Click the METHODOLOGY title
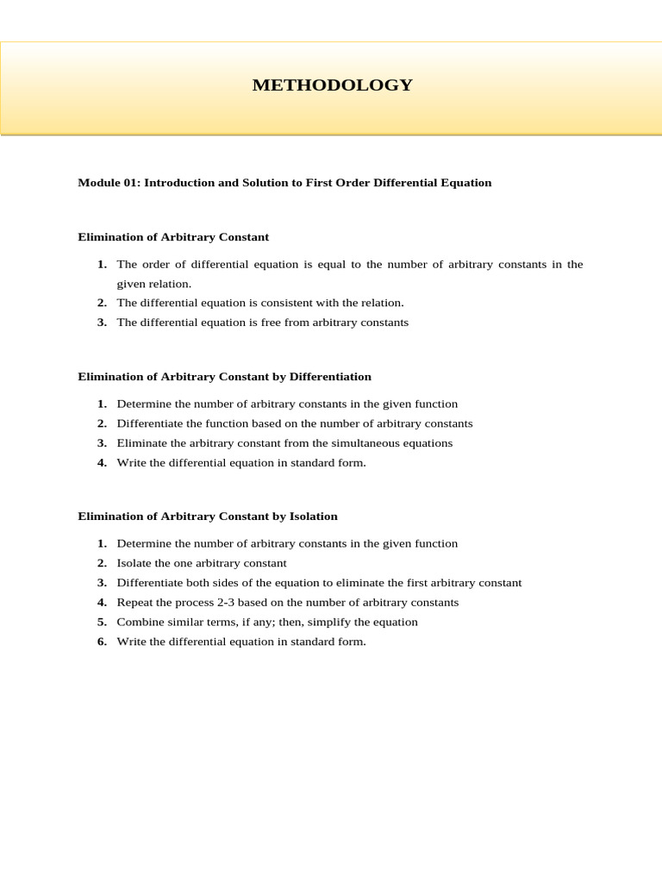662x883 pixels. point(332,85)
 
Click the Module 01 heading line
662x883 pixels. point(284,183)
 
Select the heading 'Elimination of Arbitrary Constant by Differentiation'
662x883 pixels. point(224,377)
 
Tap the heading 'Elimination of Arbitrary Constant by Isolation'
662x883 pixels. point(208,517)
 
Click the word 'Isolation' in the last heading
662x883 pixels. point(313,517)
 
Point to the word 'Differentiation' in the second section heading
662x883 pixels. point(331,377)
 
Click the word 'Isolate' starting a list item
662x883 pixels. point(134,563)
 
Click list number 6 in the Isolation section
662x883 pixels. point(102,642)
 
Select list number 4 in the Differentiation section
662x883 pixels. point(102,463)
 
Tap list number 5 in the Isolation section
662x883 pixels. point(102,622)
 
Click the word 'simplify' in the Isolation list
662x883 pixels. point(328,622)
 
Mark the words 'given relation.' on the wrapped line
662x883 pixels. point(154,284)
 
